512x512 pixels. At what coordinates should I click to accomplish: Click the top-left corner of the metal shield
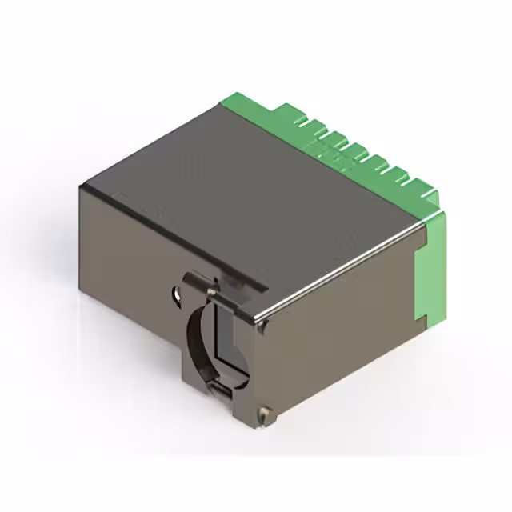click(81, 185)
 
